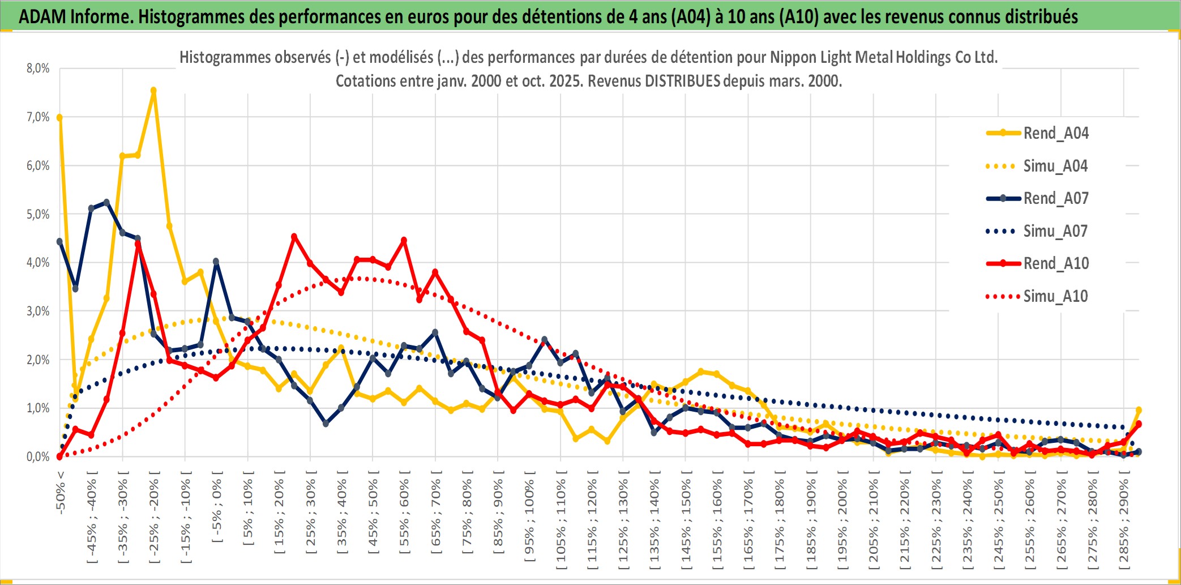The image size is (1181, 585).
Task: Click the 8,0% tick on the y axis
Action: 38,69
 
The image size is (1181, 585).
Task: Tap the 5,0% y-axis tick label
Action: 38,214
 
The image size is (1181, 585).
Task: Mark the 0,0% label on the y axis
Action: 38,456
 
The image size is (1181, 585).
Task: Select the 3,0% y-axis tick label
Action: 38,311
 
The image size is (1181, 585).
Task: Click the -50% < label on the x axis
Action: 61,492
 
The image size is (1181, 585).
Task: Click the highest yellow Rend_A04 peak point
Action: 153,91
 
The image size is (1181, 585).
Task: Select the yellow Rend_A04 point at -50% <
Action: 59,117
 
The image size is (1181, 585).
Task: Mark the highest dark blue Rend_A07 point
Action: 106,202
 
